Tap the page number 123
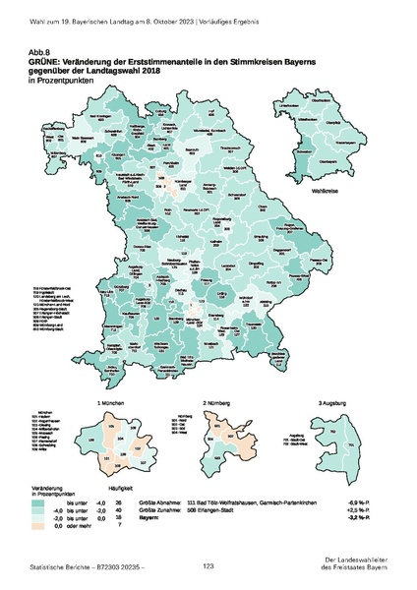208,565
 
